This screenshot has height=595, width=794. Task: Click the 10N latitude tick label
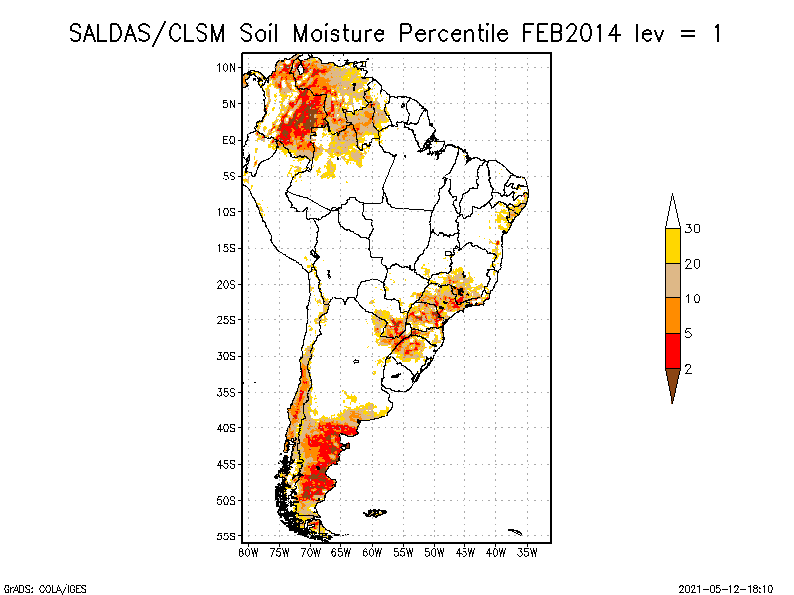pos(227,67)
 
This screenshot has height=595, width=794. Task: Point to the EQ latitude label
pos(229,140)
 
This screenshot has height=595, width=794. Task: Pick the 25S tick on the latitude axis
pos(227,319)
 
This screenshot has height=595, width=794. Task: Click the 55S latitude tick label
pos(227,536)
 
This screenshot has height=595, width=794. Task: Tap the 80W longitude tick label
pos(248,551)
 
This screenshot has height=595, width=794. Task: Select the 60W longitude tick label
pos(373,551)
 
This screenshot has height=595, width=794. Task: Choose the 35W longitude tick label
pos(528,551)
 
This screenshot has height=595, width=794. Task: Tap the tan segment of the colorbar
pos(672,281)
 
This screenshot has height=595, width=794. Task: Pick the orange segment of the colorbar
pos(672,315)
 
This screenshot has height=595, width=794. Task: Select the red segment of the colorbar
pos(672,350)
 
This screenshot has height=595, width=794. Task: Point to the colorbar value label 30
pos(693,229)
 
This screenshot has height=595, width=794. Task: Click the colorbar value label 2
pos(688,368)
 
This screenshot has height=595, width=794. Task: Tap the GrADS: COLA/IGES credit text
pos(32,587)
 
